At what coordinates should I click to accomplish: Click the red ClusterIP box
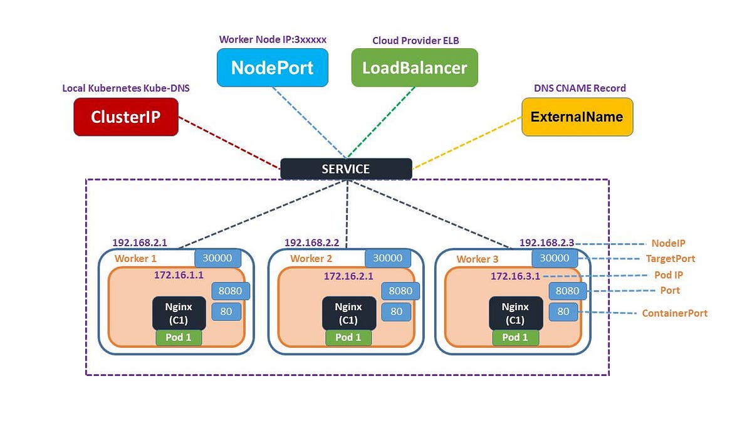[x=126, y=117]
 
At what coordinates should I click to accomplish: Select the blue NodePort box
[x=272, y=68]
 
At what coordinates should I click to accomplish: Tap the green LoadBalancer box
[x=414, y=68]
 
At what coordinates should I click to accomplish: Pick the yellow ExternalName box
[x=577, y=117]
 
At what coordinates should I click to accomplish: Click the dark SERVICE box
[x=346, y=169]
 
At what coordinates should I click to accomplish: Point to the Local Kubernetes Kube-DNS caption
[x=126, y=88]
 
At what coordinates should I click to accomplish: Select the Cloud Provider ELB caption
[x=415, y=40]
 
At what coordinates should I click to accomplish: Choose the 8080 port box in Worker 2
[x=400, y=291]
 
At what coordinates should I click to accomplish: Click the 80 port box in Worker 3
[x=563, y=311]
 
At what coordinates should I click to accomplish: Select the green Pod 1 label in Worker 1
[x=179, y=337]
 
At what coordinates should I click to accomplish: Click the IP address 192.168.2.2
[x=311, y=243]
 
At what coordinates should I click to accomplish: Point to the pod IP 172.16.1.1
[x=179, y=274]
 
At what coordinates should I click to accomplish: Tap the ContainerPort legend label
[x=674, y=313]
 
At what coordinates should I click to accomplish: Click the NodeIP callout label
[x=668, y=243]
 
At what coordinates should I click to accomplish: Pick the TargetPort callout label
[x=670, y=258]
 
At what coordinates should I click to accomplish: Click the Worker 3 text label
[x=478, y=259]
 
